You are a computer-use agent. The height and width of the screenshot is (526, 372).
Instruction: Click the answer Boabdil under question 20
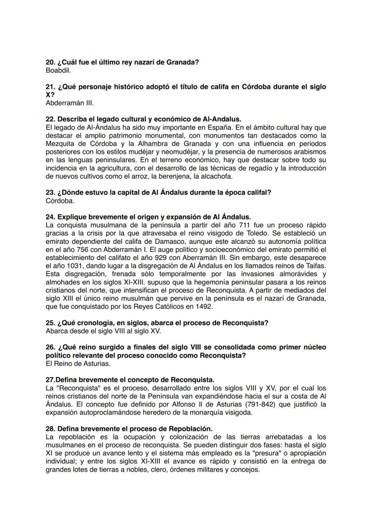(58, 70)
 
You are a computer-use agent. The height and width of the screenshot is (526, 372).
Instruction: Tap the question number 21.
(50, 86)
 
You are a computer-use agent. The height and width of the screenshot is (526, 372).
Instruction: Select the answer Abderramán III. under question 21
(70, 102)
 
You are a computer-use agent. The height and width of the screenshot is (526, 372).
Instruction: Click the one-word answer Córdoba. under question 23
(60, 201)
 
